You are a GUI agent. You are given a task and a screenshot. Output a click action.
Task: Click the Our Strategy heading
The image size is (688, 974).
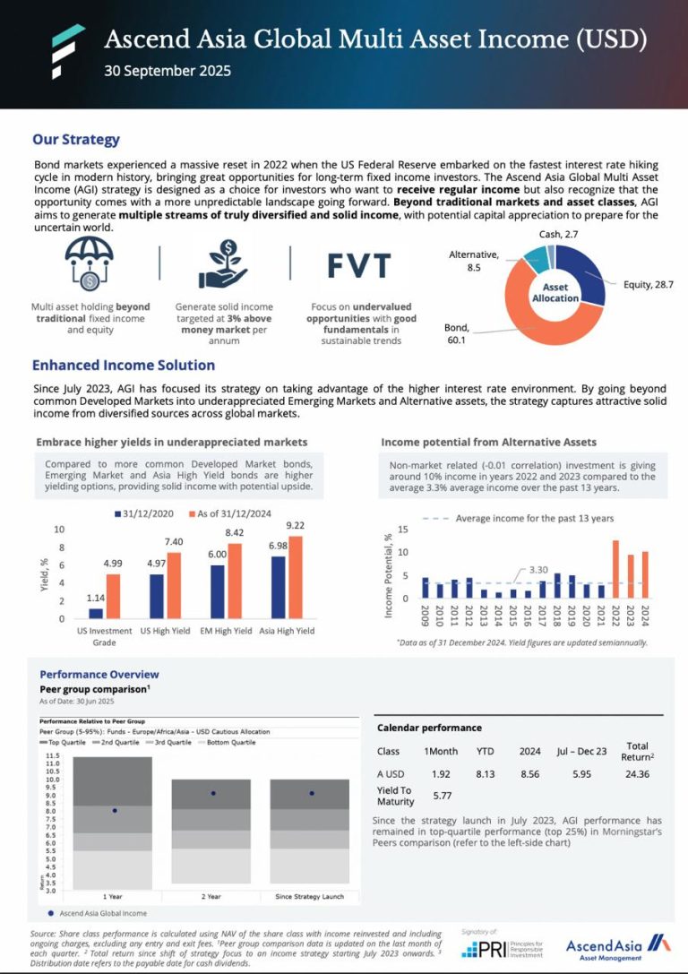76,140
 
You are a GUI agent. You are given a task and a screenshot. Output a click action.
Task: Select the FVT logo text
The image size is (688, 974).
358,265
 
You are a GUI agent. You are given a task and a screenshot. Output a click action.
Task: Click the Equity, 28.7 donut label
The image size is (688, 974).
648,284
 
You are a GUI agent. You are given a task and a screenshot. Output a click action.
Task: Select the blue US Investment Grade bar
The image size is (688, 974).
96,613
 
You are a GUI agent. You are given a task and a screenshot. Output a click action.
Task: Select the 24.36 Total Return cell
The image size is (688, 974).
638,773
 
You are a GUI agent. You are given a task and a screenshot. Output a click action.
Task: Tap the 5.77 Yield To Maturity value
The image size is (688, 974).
441,795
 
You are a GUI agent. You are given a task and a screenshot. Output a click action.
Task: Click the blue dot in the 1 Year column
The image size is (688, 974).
115,810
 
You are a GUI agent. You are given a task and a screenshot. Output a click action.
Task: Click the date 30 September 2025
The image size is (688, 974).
168,71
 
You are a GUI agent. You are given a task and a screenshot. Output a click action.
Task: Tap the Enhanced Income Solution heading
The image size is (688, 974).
124,366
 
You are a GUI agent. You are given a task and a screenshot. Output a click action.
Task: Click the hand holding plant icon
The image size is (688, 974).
224,264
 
